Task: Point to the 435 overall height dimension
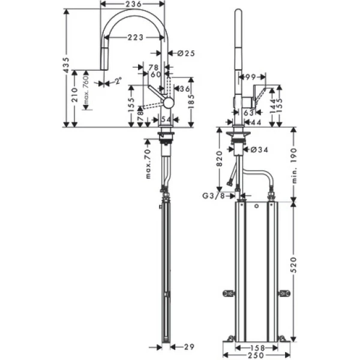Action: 67,64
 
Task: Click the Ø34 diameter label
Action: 259,149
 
